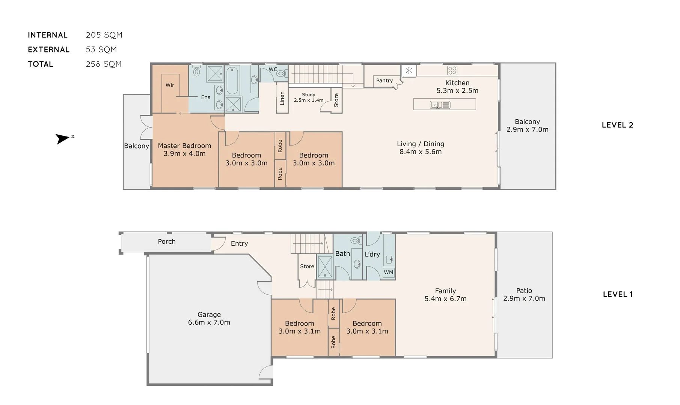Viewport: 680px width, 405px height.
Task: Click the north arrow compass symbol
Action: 63,138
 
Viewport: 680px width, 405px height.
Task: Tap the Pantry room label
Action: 384,81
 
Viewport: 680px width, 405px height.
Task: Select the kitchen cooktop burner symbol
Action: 452,70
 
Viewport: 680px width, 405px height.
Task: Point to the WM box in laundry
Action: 388,273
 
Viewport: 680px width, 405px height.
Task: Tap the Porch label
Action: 167,241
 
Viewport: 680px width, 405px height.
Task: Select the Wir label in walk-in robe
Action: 170,85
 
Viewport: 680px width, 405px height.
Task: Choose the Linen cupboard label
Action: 282,98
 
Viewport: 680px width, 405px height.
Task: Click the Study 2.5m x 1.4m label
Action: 308,97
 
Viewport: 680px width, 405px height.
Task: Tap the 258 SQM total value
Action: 104,64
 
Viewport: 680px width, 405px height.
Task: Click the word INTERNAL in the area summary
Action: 48,35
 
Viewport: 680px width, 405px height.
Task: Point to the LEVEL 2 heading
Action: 617,125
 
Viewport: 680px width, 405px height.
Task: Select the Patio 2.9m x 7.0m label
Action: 524,295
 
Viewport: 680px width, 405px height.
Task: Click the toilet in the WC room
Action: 280,74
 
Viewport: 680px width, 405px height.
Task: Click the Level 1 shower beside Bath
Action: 325,267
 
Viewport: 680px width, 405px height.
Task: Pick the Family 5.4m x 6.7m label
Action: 445,295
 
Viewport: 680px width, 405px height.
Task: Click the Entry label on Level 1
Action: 239,244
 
